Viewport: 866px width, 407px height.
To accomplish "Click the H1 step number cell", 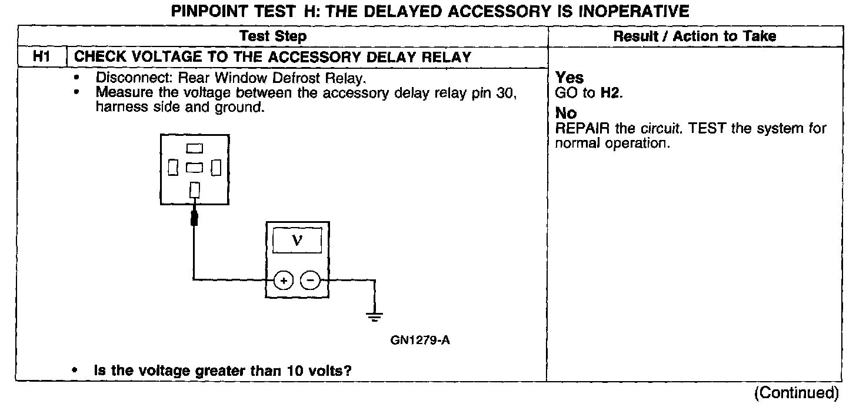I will tap(41, 57).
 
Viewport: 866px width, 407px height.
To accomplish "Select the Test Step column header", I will tap(273, 36).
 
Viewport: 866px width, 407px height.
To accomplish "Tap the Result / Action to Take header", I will tap(694, 36).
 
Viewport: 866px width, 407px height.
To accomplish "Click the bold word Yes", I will tap(569, 78).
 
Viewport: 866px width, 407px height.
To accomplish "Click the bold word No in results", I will tap(566, 113).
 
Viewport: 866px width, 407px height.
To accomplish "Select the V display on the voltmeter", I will tap(297, 241).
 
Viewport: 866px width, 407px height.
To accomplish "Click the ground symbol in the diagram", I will tap(374, 318).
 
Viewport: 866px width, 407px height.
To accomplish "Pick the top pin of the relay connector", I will tap(195, 148).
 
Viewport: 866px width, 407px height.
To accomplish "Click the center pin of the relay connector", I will tap(195, 168).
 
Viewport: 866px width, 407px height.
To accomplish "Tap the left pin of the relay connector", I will tap(173, 168).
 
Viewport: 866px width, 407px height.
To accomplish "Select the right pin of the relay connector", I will tap(216, 168).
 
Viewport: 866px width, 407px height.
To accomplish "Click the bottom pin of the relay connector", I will tap(195, 190).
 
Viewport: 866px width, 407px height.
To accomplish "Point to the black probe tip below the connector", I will tap(195, 219).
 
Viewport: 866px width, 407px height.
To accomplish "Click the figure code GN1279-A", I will tap(420, 341).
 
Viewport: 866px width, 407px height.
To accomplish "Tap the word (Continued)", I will tap(795, 392).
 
